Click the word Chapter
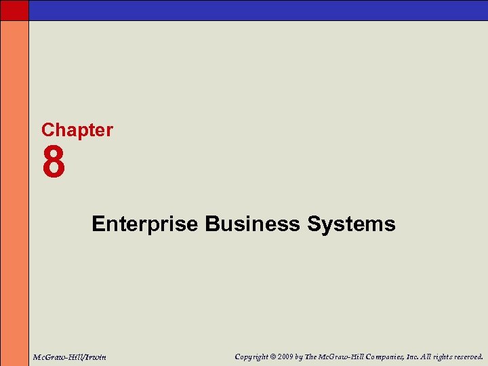[77, 130]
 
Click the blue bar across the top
[258, 10]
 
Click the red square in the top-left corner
[14, 10]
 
